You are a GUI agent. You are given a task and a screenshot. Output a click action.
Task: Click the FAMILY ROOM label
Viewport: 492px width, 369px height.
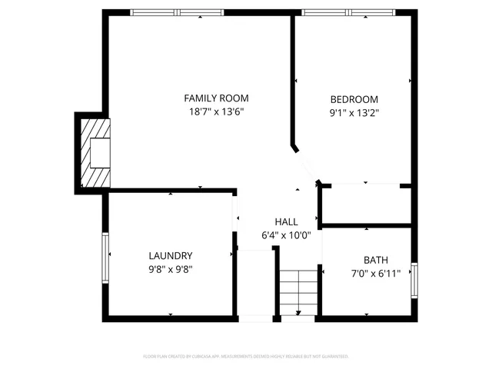pos(216,98)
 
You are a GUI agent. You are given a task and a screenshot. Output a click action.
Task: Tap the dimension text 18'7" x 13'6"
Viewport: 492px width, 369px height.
pos(216,111)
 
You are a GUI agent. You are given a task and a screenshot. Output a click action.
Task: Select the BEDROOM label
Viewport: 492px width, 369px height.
pos(354,99)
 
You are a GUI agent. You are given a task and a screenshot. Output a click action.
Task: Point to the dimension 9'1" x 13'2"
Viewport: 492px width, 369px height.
pos(354,112)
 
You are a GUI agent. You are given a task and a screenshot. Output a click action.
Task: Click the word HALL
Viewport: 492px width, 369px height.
pos(286,222)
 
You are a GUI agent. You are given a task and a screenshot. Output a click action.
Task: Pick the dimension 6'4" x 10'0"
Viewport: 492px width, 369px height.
pos(286,235)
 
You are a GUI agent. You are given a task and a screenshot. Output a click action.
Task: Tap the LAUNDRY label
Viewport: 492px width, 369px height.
pos(170,256)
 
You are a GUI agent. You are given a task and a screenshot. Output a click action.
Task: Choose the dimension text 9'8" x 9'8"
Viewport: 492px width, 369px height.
pos(170,269)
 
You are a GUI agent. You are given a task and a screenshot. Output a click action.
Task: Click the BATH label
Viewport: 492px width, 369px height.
pos(365,260)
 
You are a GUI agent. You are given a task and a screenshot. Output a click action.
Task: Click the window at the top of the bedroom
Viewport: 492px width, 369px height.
pos(349,12)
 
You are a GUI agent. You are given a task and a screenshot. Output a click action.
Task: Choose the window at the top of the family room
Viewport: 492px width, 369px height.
pos(177,12)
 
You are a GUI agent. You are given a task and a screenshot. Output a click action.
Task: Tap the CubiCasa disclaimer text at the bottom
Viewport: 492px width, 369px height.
pos(246,357)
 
